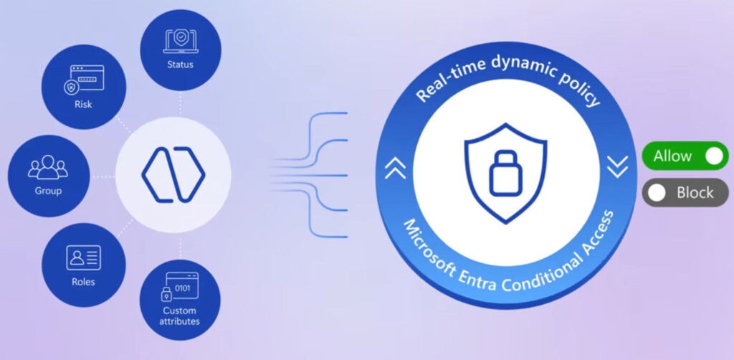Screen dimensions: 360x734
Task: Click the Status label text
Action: click(x=179, y=65)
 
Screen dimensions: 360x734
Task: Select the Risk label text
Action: click(x=83, y=105)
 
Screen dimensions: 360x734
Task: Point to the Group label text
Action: click(x=48, y=191)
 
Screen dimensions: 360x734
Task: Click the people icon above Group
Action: click(x=48, y=166)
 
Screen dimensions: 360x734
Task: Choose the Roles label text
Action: click(x=83, y=283)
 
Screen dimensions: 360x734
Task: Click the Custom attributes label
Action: click(x=179, y=316)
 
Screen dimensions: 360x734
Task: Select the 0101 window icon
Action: click(x=179, y=287)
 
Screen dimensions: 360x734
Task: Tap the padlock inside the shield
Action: click(x=505, y=171)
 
